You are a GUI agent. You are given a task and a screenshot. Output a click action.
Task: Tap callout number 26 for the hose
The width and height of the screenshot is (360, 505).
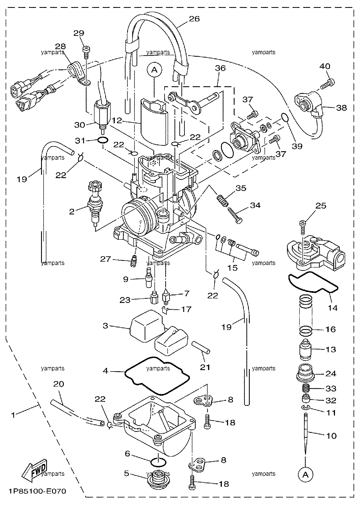pyautogui.click(x=194, y=19)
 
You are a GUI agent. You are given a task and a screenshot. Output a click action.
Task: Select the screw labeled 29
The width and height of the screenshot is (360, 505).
pyautogui.click(x=86, y=52)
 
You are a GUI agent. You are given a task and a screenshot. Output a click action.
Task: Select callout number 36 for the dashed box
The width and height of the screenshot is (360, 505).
pyautogui.click(x=220, y=69)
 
